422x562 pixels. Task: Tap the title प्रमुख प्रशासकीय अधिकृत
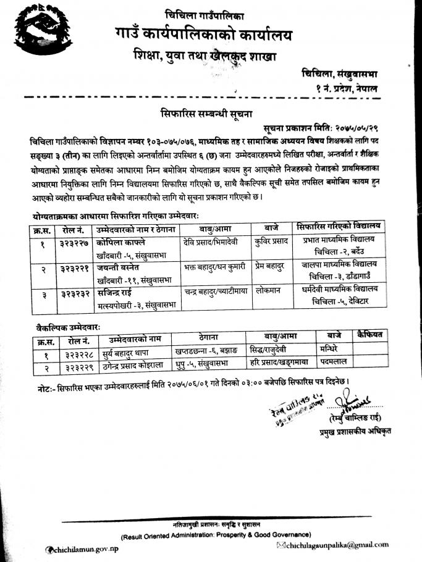[x=350, y=430]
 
